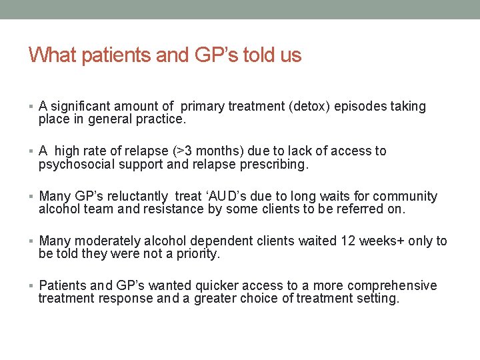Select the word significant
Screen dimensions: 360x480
coord(81,107)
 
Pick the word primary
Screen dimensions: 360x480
coord(203,107)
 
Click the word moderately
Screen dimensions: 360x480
coord(106,241)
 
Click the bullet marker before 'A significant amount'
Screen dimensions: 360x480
coord(31,107)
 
